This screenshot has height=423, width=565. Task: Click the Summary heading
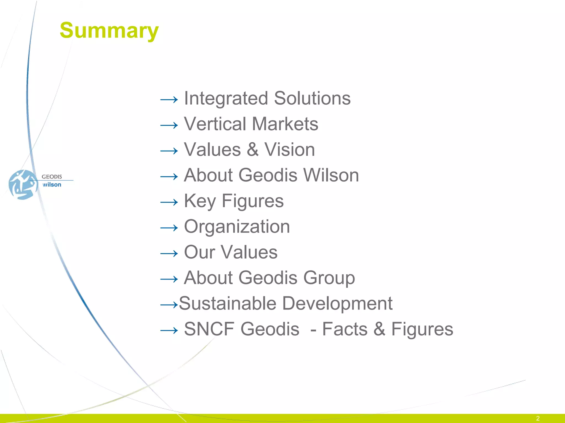click(109, 30)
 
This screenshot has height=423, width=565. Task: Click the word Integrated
click(226, 98)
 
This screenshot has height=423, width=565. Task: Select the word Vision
click(289, 150)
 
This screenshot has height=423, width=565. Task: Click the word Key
click(200, 201)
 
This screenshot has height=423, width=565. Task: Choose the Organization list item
click(237, 227)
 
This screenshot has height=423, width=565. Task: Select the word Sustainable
click(228, 303)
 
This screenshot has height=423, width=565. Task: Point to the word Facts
click(345, 329)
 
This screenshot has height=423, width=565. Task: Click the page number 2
click(538, 418)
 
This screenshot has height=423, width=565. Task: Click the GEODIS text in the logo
click(52, 177)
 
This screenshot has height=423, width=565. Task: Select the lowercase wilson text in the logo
click(52, 185)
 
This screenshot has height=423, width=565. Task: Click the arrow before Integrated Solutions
click(169, 99)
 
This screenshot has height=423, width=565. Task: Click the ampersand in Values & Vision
click(252, 150)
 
